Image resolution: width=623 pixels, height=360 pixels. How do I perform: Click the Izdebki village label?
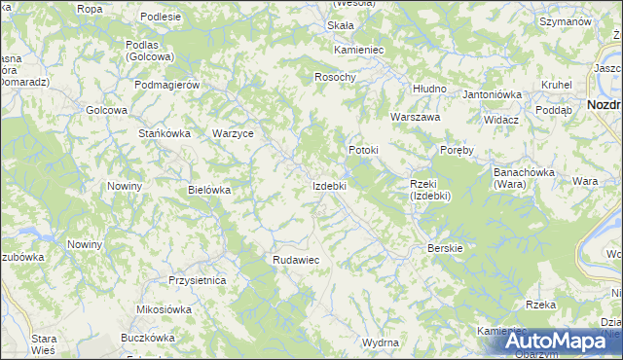328,185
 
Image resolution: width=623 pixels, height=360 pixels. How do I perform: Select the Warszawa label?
416,117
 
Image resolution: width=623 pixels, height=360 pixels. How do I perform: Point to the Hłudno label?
428,89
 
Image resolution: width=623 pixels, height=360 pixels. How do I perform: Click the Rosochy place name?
336,77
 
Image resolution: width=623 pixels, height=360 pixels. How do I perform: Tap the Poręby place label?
457,151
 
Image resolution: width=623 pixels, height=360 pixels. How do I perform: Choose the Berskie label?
445,248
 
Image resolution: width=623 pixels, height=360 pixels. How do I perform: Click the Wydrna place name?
381,343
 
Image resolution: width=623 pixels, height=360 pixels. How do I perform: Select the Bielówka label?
209,190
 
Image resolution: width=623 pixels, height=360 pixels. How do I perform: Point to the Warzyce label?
233,133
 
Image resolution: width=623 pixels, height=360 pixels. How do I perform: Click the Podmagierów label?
167,85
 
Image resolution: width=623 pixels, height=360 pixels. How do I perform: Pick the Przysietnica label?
198,280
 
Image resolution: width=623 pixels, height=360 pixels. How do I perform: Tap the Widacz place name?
500,120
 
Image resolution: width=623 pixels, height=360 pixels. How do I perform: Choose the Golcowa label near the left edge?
107,110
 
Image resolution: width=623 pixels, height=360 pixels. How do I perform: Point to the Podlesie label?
161,17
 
